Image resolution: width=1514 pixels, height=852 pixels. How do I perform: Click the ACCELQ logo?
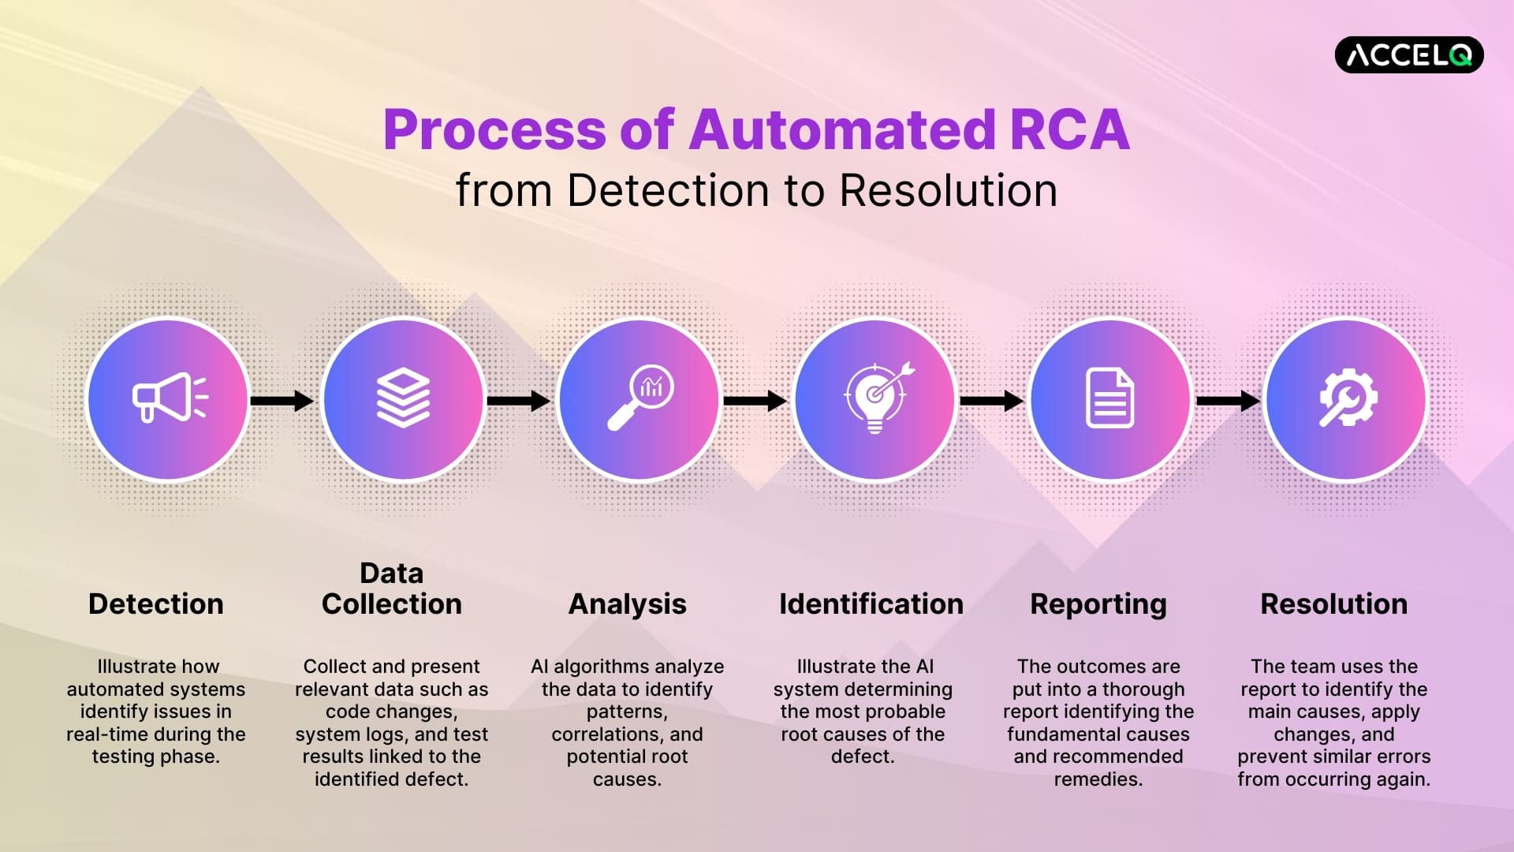click(1408, 54)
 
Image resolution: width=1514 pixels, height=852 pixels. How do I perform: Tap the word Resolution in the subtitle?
click(948, 191)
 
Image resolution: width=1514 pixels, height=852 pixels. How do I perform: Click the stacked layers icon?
click(403, 398)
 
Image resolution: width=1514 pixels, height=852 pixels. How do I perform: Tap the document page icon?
click(1109, 398)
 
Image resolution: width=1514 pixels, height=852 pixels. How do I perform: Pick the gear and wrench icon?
click(1348, 398)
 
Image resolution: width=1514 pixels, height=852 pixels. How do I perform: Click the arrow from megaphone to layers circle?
click(282, 401)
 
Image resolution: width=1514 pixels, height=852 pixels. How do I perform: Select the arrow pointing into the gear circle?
click(1228, 401)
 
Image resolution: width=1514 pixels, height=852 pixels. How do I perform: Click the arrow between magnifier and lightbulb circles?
click(755, 401)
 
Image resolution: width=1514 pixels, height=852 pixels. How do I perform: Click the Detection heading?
click(156, 604)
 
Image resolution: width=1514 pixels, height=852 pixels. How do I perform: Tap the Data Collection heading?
click(392, 589)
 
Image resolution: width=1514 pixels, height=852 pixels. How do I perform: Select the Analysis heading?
click(627, 604)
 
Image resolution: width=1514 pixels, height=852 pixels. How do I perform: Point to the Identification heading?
click(871, 604)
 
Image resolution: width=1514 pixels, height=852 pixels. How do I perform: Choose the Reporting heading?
click(1098, 604)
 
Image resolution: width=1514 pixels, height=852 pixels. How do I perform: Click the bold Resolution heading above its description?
click(1333, 604)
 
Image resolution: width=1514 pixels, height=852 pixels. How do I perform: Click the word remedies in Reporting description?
click(1097, 779)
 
